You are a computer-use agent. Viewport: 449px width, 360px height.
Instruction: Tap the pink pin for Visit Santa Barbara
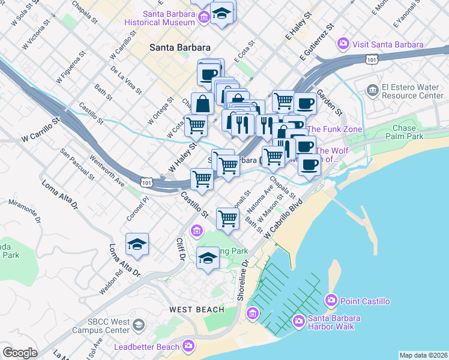click(x=343, y=44)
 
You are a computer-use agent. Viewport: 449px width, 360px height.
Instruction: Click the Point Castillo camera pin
click(x=331, y=300)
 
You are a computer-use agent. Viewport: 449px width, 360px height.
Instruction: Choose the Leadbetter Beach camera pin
click(x=189, y=346)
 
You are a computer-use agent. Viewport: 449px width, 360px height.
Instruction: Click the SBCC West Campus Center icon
click(x=139, y=326)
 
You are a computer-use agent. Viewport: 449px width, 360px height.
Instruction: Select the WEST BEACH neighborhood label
click(x=196, y=310)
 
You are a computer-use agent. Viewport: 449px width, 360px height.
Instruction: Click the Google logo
click(x=20, y=353)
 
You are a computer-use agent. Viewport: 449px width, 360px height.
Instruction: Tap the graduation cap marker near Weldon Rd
click(x=137, y=244)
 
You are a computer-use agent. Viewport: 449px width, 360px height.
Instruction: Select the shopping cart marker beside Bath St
click(x=228, y=218)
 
